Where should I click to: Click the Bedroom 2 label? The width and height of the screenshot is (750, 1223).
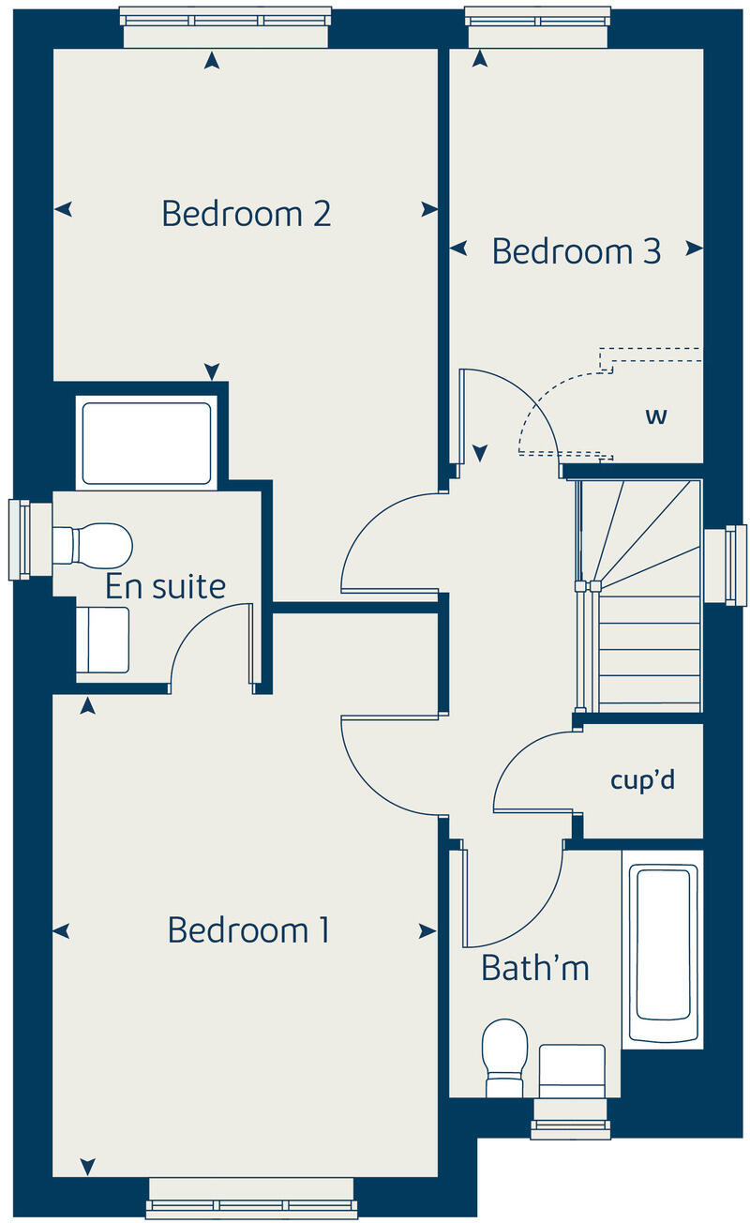(x=246, y=213)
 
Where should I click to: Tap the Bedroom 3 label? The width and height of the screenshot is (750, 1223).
(x=576, y=251)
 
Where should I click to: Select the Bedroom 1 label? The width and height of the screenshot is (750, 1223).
(x=247, y=930)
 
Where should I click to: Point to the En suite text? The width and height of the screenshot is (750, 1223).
(x=165, y=587)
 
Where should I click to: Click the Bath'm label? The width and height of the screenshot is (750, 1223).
(x=534, y=967)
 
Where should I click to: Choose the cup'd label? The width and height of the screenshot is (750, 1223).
(x=642, y=780)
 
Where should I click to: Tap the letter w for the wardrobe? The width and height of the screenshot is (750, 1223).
(x=655, y=415)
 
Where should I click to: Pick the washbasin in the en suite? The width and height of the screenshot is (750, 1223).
(x=101, y=640)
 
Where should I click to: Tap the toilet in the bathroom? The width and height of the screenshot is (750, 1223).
(x=504, y=1056)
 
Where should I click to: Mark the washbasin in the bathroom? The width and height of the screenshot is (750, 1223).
(x=572, y=1071)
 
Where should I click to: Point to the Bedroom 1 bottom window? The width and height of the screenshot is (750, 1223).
(x=251, y=1199)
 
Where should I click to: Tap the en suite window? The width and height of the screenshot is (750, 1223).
(x=19, y=539)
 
